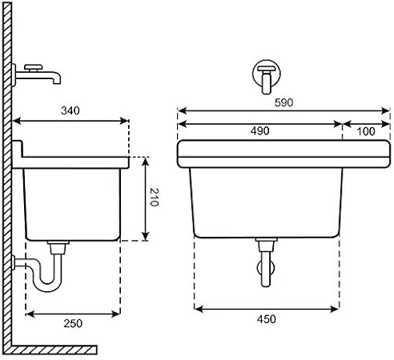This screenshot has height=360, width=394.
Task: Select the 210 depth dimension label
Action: [x=154, y=198]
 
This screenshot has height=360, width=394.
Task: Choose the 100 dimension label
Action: [x=366, y=130]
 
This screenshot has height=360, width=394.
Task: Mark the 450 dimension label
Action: [x=266, y=319]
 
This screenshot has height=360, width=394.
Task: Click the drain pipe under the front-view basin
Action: [x=265, y=263]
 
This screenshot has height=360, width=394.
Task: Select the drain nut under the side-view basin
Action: [x=56, y=243]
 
